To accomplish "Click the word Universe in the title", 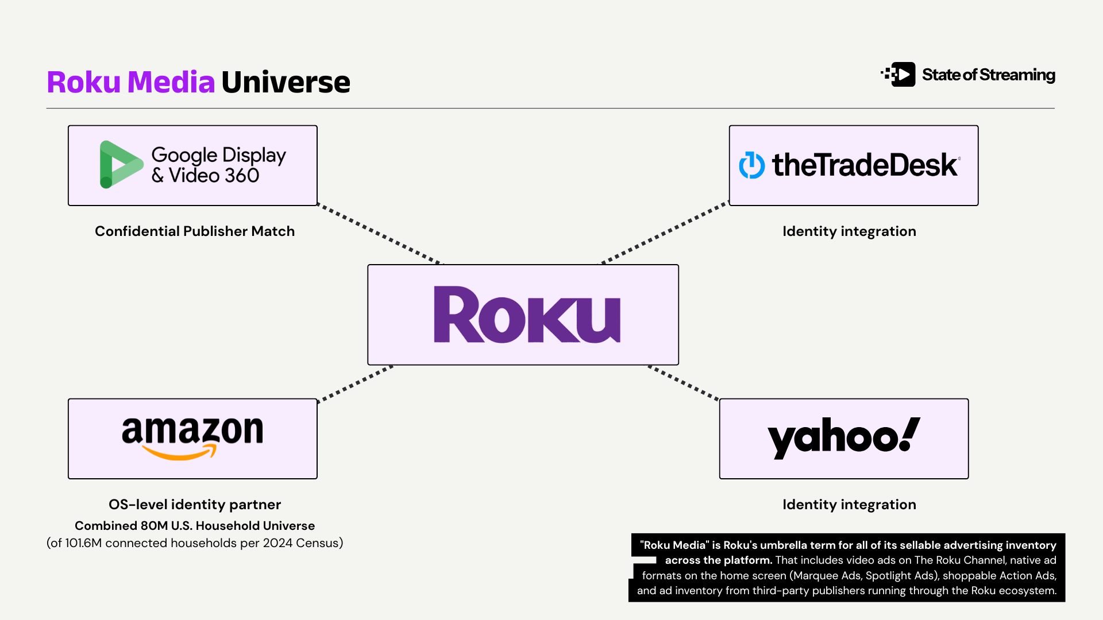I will [286, 82].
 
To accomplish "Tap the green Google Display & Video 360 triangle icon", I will [119, 164].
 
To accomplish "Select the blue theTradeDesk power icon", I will [751, 165].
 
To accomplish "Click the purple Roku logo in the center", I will [527, 315].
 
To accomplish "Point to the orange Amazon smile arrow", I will [179, 454].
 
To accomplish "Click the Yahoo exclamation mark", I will [909, 433].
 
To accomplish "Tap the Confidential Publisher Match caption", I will [195, 231].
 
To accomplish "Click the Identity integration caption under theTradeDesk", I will [849, 231].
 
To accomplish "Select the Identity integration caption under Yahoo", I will [849, 505].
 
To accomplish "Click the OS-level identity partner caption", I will [195, 505].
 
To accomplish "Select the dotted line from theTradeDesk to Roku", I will [665, 232].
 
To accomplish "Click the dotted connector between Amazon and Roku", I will [355, 383].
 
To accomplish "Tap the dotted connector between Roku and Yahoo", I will [684, 382].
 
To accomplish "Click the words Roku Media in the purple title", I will [131, 82].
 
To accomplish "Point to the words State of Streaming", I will [988, 75].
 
